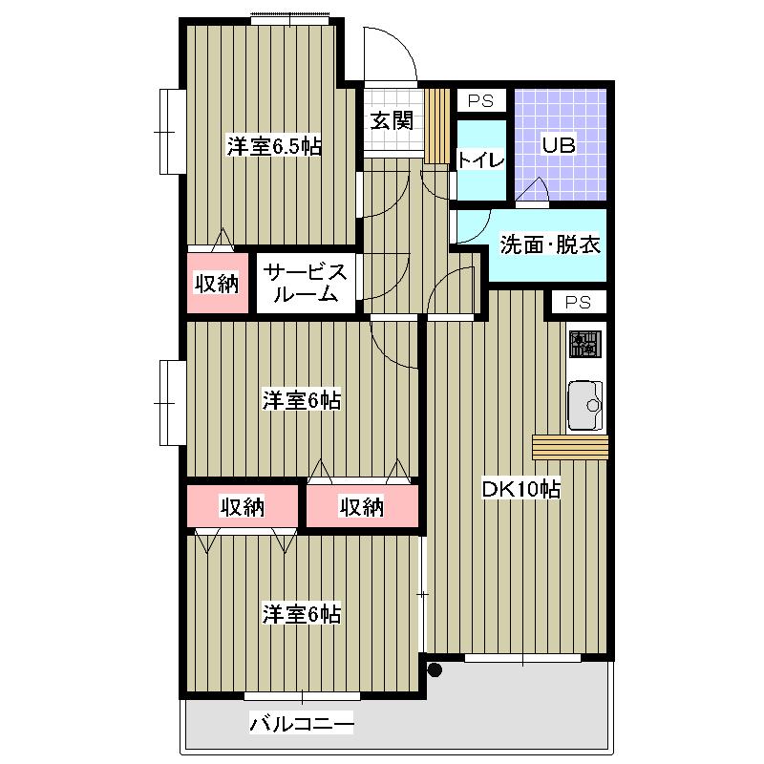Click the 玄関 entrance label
tap(392, 120)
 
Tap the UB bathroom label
tap(559, 145)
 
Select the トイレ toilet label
tap(481, 159)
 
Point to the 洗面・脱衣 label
tap(550, 244)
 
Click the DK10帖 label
tap(520, 489)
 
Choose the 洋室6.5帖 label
tap(274, 146)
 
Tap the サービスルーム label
tap(306, 283)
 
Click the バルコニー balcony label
tap(302, 724)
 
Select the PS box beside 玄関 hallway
tap(481, 101)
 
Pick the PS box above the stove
tap(579, 303)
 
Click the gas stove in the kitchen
tap(585, 344)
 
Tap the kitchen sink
tap(585, 405)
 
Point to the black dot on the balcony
tap(435, 670)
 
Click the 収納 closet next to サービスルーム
tap(218, 283)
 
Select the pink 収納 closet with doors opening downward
tap(243, 506)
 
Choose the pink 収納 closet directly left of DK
tap(362, 506)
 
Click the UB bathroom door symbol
tap(532, 189)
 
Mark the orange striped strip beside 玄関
tap(436, 126)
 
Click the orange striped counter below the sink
tap(570, 447)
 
